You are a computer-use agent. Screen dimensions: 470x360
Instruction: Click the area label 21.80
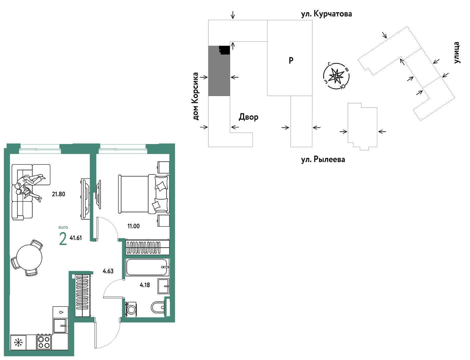(58, 194)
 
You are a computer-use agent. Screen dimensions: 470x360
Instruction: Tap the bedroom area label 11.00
(133, 226)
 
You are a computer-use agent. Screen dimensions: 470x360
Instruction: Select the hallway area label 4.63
(108, 271)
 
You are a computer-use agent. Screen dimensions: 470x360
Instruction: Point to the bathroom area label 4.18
(145, 285)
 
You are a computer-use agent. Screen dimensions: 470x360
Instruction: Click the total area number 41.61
(76, 238)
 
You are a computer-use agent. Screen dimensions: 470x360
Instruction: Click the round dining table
(29, 257)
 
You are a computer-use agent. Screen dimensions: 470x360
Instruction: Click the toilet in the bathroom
(158, 308)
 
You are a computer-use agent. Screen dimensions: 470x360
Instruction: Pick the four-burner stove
(44, 342)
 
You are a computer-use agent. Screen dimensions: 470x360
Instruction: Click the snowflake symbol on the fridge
(18, 343)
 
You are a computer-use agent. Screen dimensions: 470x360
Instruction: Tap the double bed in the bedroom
(144, 194)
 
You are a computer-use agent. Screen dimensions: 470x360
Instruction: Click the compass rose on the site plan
(336, 76)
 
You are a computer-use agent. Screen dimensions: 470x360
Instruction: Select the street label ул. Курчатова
(326, 14)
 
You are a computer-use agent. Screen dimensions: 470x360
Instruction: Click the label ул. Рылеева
(323, 160)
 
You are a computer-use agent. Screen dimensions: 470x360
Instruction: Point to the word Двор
(248, 117)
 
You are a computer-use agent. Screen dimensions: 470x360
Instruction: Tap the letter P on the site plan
(291, 61)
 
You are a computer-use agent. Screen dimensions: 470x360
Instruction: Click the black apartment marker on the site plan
(225, 50)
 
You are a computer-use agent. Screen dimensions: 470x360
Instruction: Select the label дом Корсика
(196, 96)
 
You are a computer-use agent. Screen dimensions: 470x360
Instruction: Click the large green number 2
(63, 239)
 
